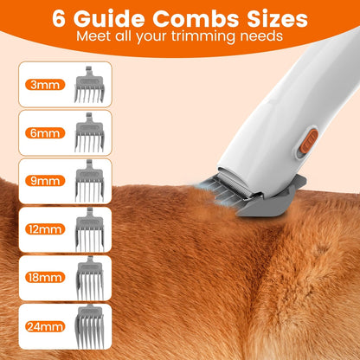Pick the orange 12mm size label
36,230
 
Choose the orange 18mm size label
36,278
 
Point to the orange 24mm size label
36,326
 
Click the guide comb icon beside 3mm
88,85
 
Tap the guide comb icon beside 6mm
88,133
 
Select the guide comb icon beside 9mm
88,182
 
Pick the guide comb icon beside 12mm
88,230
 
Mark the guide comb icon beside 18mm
88,278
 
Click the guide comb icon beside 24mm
88,326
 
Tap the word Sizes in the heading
274,18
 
